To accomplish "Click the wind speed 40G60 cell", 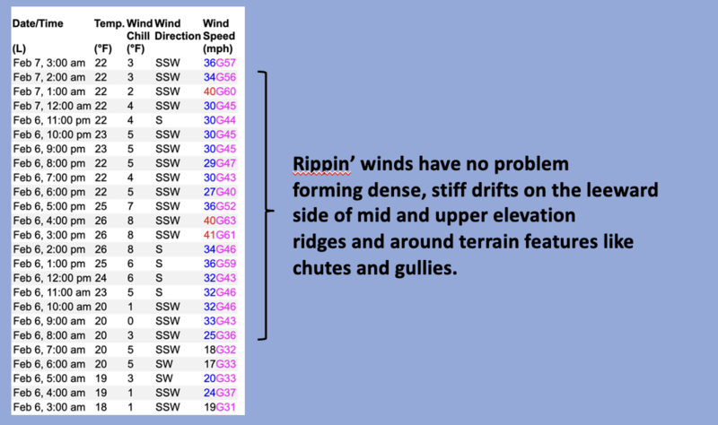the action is click(220, 91).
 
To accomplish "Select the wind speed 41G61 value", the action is click(220, 235).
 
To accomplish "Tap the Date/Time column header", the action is click(38, 24).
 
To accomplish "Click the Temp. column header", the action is click(109, 24).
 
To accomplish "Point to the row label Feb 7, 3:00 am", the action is click(49, 63).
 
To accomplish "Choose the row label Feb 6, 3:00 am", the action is click(49, 407).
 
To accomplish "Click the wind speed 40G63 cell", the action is click(220, 221).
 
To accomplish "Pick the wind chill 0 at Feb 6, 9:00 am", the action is click(130, 321).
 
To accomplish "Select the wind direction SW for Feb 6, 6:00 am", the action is click(164, 364).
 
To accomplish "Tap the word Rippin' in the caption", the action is click(322, 164).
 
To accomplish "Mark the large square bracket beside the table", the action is click(267, 205).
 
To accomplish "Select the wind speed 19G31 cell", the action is click(220, 407).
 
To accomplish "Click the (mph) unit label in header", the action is click(218, 49).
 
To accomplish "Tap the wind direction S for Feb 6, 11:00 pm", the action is click(159, 120).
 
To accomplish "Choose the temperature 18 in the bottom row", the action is click(101, 407).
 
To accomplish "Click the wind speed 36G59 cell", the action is click(220, 264).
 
